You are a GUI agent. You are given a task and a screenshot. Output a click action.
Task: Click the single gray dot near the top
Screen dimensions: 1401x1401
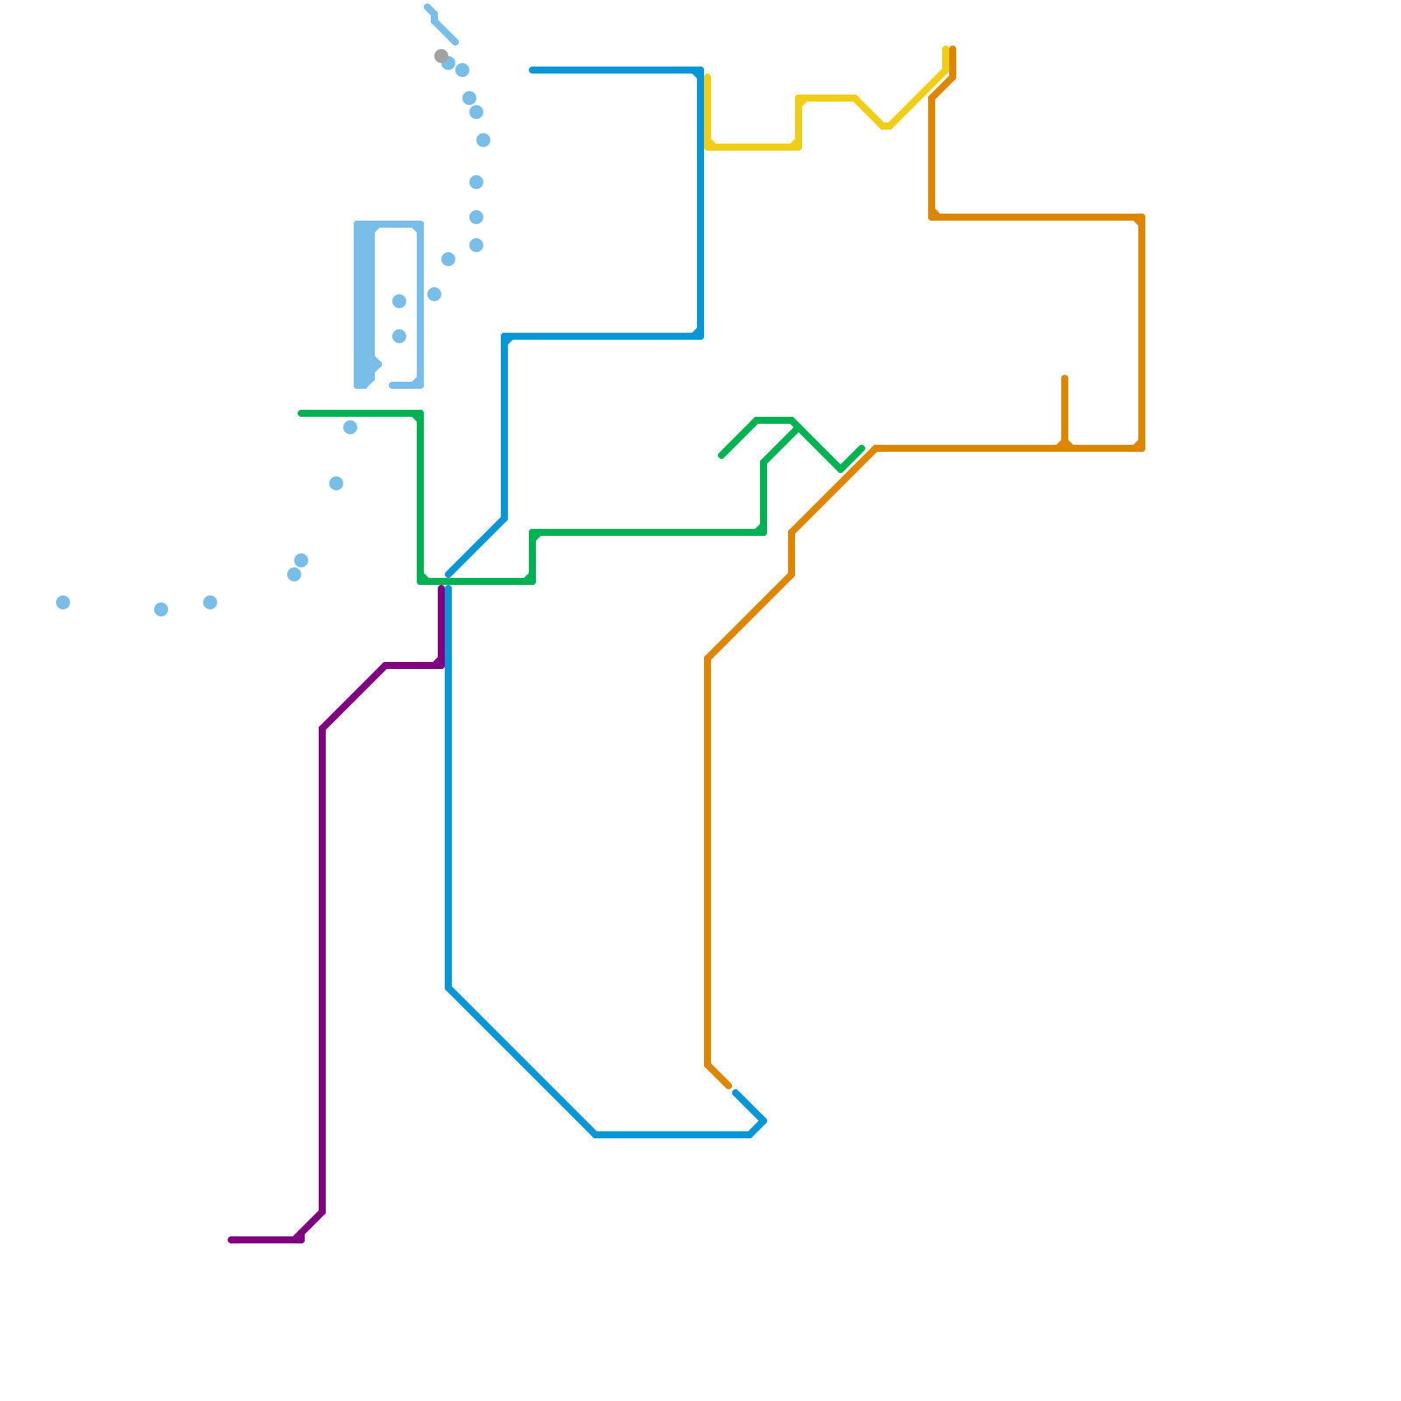440,56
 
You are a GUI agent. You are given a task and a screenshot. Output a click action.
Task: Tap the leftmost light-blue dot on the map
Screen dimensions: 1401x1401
63,602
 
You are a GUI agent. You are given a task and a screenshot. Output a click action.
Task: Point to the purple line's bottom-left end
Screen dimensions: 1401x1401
231,1240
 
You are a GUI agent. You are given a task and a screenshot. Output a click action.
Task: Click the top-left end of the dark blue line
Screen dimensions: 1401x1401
532,70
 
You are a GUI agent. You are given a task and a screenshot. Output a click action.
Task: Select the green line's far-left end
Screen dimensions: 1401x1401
301,413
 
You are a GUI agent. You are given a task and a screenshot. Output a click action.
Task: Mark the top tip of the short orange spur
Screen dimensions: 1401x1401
1065,378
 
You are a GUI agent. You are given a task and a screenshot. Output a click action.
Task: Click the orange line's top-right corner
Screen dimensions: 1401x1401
1142,217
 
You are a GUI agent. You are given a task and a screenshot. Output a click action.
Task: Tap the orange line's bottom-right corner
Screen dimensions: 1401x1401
1142,448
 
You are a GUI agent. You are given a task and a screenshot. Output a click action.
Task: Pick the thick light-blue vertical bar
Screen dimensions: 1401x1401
364,305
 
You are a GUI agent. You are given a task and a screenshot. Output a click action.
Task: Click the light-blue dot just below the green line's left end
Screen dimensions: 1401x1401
350,427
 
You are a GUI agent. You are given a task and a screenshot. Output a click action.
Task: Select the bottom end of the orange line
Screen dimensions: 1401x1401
729,1087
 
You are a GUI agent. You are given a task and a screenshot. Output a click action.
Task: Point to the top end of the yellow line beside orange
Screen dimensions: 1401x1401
946,49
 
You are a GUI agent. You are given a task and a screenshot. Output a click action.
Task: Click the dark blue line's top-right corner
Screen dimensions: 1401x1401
700,70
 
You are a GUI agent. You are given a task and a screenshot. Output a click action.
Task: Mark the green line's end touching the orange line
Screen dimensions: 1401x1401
862,449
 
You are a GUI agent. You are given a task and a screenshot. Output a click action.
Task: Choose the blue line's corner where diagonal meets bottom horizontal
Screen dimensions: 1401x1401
595,1135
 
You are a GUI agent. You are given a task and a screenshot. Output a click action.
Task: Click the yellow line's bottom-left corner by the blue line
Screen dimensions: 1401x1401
708,147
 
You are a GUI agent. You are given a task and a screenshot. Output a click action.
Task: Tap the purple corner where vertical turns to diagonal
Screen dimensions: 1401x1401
322,729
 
